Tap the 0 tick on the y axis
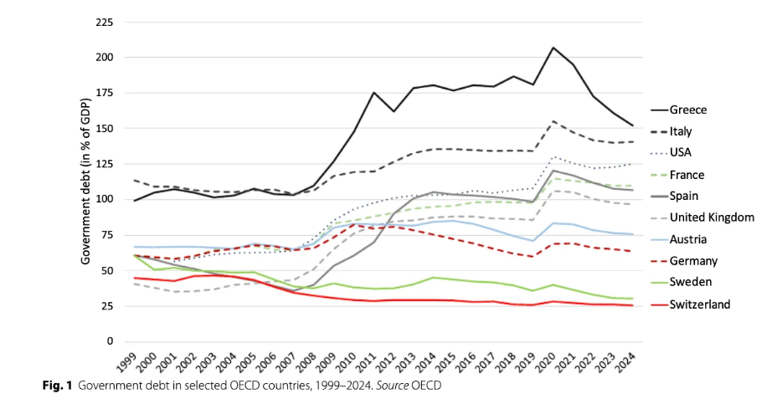pyautogui.click(x=110, y=341)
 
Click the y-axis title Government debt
pyautogui.click(x=85, y=181)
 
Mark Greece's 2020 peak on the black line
pyautogui.click(x=553, y=48)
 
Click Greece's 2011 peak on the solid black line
pyautogui.click(x=373, y=93)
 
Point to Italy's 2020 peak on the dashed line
pyautogui.click(x=553, y=121)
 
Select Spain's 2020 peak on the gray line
pyautogui.click(x=553, y=171)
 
